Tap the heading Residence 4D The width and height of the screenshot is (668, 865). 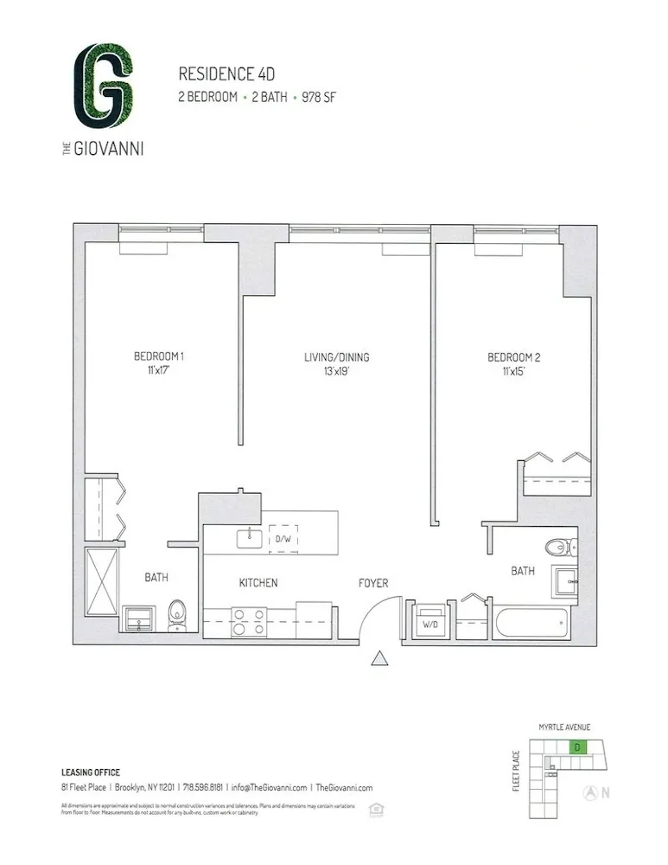tap(219, 74)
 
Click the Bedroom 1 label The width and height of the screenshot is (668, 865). tap(159, 356)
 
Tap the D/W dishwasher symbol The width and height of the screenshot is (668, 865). tap(283, 539)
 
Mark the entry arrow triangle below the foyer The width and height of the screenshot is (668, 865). tap(379, 660)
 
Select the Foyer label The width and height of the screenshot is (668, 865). tap(373, 583)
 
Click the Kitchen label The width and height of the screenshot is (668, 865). tap(258, 583)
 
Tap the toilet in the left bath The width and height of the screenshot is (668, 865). tap(176, 614)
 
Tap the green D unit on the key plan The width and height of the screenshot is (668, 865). tap(576, 746)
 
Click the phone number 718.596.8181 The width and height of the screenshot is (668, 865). tap(202, 788)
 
